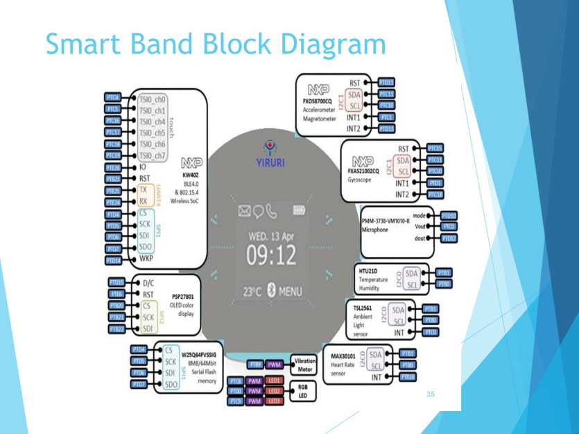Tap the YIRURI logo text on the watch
(x=270, y=164)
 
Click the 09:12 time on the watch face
(x=270, y=257)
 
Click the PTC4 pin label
(x=113, y=98)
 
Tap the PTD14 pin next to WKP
(x=113, y=260)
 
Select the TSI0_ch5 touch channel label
(x=152, y=132)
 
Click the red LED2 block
(x=273, y=391)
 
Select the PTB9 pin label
(x=254, y=364)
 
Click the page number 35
(x=431, y=394)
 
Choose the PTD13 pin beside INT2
(x=386, y=129)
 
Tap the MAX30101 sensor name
(x=345, y=356)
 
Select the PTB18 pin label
(x=408, y=377)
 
